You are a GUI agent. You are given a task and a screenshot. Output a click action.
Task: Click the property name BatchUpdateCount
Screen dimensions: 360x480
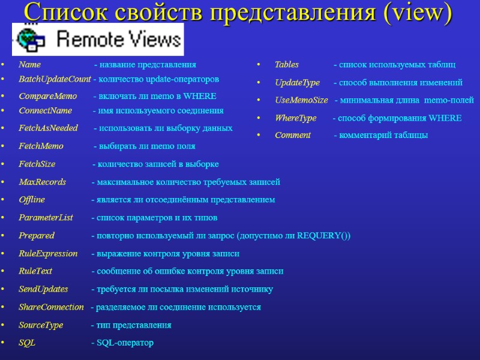[55, 79]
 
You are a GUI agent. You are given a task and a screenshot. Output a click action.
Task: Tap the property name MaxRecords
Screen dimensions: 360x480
[42, 182]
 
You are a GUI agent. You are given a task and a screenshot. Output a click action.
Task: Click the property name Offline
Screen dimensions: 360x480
[32, 200]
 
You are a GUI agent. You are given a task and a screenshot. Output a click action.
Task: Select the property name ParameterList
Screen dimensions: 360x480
[46, 217]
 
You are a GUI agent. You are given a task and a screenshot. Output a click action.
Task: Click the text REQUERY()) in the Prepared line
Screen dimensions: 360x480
[323, 235]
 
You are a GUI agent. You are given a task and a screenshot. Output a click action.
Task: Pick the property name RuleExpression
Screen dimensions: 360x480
[48, 253]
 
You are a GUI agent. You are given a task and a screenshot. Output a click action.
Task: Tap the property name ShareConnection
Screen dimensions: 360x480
[51, 307]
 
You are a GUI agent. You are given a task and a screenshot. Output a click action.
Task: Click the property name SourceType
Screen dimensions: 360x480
[41, 325]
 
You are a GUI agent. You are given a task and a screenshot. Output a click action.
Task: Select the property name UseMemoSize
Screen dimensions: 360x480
[301, 100]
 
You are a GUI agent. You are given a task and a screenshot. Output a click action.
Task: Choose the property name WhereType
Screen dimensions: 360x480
[295, 118]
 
